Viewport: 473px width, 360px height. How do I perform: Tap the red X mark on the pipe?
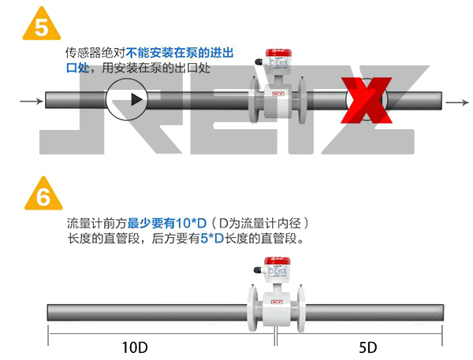pyautogui.click(x=365, y=102)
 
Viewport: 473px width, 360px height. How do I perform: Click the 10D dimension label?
pyautogui.click(x=136, y=347)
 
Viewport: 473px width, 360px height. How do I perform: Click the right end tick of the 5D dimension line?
pyautogui.click(x=441, y=338)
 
